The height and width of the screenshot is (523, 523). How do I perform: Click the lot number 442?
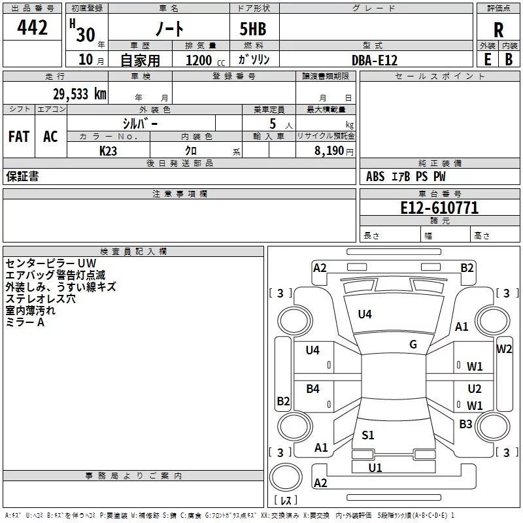pos(33,27)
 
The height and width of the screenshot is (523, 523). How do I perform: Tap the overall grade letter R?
pos(498,30)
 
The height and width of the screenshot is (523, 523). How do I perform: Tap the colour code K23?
pos(109,150)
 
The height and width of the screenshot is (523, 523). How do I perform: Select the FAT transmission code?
pos(18,137)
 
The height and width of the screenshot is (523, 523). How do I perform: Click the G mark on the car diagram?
pos(413,345)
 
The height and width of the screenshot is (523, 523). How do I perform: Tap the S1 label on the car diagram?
pos(368,435)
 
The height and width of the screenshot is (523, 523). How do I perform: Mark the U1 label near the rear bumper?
pos(375,467)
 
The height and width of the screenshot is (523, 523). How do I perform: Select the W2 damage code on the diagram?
pos(504,348)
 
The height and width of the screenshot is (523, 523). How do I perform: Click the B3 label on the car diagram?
pos(465,424)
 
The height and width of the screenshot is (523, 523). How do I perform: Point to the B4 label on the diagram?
pos(312,389)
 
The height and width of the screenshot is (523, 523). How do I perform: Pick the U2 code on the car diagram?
pos(475,389)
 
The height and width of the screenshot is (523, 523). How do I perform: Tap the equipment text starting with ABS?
pos(405,177)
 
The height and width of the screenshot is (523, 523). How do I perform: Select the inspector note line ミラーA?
pos(25,322)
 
